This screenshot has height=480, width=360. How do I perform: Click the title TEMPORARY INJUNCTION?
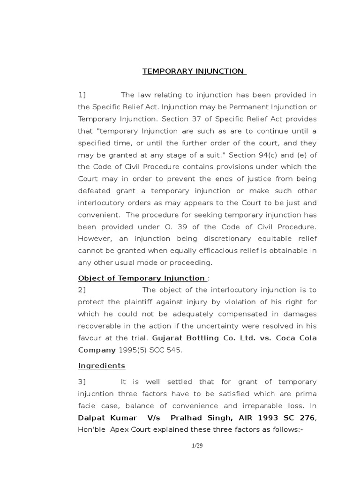194,71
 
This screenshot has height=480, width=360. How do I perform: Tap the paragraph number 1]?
82,95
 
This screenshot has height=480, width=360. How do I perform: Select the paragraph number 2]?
82,290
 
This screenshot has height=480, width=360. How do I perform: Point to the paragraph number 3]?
82,382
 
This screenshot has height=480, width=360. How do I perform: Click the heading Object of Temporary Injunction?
141,278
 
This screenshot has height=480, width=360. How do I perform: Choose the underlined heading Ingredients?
102,366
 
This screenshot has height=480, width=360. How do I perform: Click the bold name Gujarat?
169,338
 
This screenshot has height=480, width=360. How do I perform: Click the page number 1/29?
197,446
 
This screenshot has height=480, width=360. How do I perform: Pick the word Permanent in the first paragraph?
248,107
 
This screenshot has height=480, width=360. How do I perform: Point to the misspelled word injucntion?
97,394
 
